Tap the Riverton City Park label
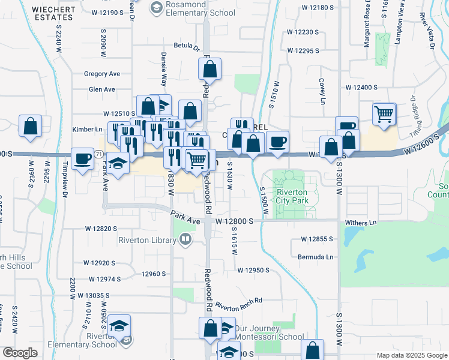pos(292,196)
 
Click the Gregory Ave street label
pos(102,74)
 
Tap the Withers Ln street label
pos(364,222)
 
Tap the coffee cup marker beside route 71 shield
pos(82,158)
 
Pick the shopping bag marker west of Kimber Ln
pos(30,125)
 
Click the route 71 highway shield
pos(97,154)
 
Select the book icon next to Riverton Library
pos(185,241)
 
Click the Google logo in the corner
pos(19,353)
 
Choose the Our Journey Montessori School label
pos(265,333)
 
